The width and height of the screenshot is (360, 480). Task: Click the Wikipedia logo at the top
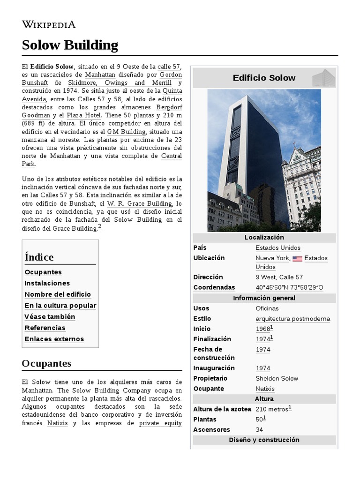click(49, 24)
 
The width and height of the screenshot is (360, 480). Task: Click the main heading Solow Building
click(70, 45)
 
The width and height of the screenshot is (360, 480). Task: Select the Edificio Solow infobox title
click(264, 78)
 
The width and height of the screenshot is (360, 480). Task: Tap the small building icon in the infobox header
click(323, 78)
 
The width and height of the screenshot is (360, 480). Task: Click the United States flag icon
click(297, 258)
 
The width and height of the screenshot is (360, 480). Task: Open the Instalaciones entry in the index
click(47, 283)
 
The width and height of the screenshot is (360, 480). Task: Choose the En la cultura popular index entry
click(60, 306)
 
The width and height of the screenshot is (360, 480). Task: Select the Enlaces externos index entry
click(54, 339)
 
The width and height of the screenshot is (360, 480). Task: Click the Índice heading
click(39, 257)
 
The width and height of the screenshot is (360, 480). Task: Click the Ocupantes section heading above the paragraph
click(46, 363)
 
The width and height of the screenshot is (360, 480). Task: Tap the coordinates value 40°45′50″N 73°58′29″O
click(289, 287)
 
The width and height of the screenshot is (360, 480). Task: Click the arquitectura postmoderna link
click(292, 319)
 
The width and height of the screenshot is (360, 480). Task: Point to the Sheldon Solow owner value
click(277, 378)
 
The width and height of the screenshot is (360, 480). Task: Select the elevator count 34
click(259, 429)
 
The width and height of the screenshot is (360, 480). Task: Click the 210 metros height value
click(272, 409)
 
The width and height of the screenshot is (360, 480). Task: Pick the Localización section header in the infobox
click(264, 238)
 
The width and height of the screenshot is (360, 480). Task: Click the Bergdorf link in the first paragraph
click(169, 107)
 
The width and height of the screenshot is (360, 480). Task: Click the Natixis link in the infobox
click(265, 389)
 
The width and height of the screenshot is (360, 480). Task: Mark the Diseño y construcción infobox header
click(264, 440)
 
